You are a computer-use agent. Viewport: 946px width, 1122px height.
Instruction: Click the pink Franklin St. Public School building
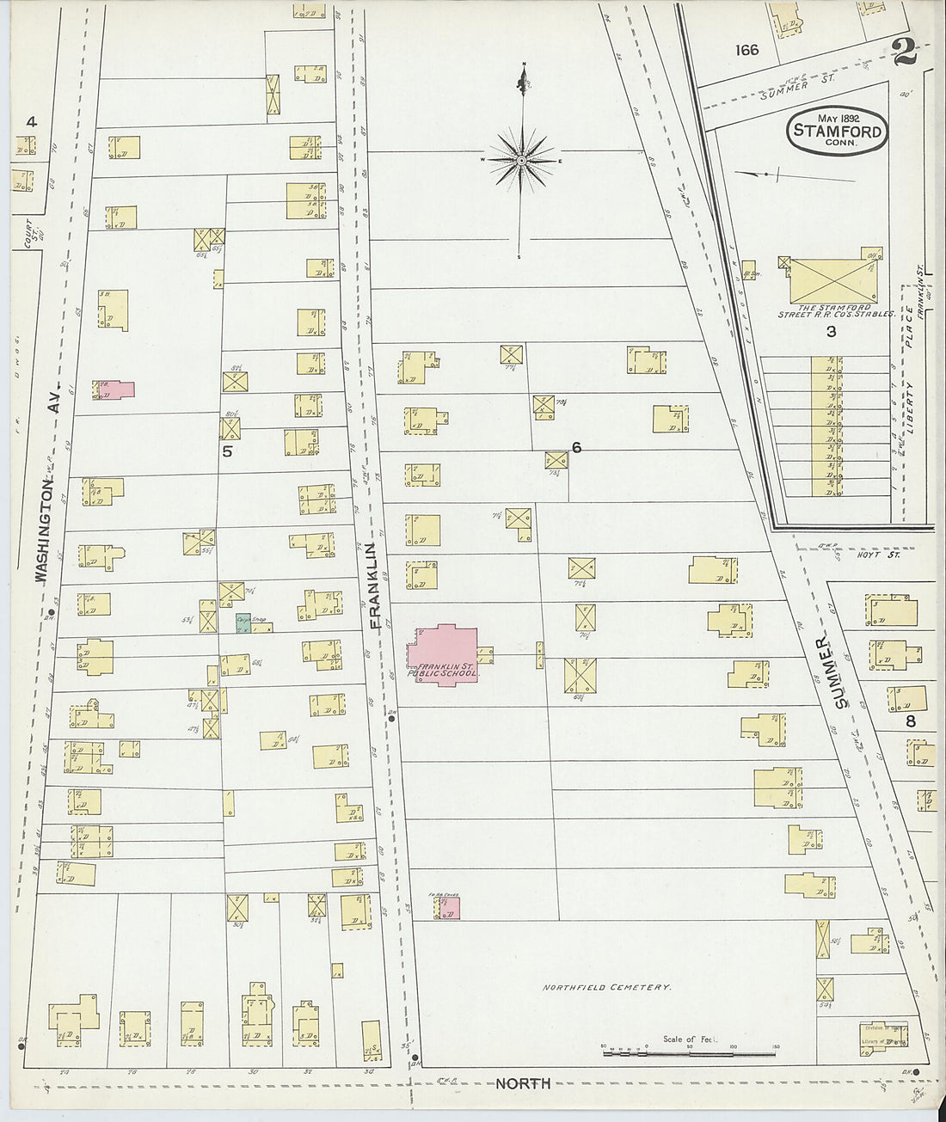click(443, 655)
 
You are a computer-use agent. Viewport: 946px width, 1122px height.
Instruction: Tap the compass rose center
click(522, 161)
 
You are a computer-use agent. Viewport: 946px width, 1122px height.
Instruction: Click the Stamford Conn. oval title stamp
click(837, 131)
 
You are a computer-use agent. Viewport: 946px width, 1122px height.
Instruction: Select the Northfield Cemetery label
click(605, 988)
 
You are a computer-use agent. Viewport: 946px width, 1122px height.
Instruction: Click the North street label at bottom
click(523, 1083)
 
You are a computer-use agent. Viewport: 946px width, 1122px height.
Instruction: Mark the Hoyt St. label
click(878, 555)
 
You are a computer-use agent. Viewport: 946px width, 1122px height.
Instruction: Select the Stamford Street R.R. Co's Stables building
click(832, 280)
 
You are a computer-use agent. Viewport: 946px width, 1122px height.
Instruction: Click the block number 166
click(746, 50)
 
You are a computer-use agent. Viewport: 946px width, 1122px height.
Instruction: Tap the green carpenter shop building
click(243, 623)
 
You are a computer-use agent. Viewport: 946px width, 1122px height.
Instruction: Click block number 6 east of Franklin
click(576, 447)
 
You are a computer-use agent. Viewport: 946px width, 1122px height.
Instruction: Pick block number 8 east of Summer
click(911, 720)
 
